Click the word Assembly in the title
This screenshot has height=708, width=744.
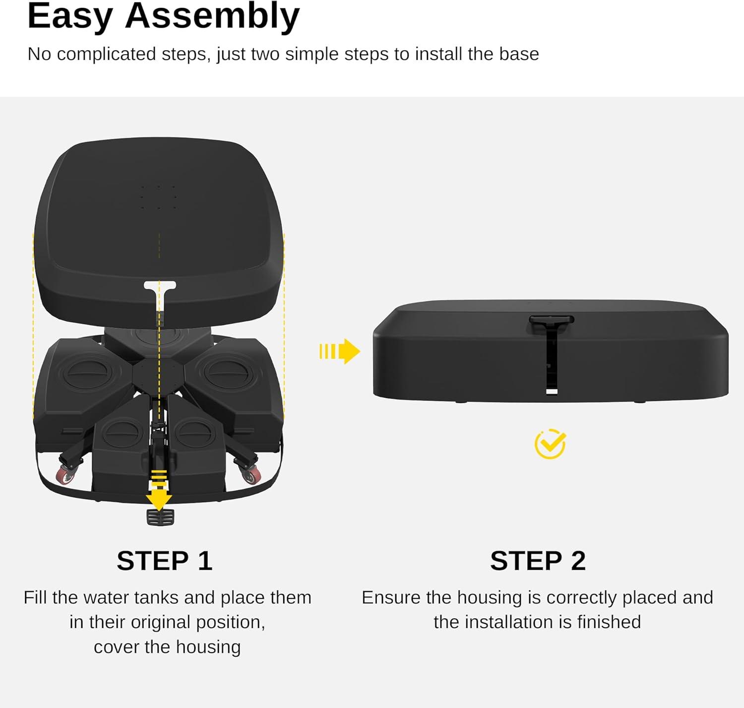click(212, 17)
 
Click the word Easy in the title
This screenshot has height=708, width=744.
click(70, 17)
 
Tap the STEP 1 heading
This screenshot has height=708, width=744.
click(164, 560)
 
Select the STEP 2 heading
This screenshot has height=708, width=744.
click(538, 560)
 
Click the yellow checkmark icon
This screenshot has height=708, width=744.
click(550, 444)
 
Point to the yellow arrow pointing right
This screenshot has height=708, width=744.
click(339, 351)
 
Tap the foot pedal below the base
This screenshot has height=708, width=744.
click(160, 517)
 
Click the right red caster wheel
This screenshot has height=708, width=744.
click(251, 474)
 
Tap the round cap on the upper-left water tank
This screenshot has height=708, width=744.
click(87, 370)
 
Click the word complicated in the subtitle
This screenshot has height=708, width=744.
click(107, 55)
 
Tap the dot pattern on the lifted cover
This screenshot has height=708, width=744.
click(159, 197)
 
